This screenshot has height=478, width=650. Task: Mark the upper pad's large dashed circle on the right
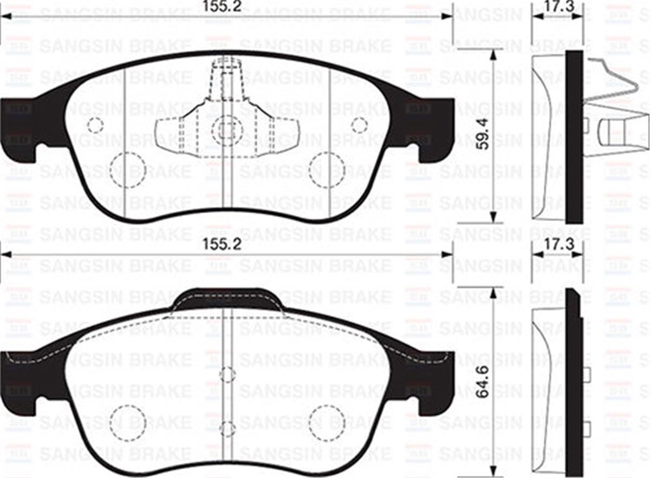[327, 169]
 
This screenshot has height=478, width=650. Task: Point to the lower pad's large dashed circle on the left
[127, 422]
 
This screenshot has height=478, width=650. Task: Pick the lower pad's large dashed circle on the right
[327, 422]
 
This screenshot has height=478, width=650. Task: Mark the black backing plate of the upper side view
[574, 135]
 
